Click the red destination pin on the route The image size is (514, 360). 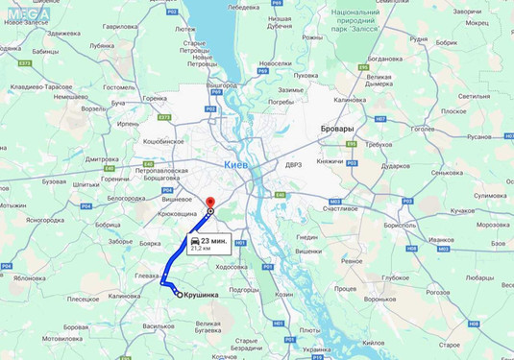tap(210, 204)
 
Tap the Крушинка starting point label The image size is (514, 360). tap(206, 296)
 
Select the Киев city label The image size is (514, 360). tap(235, 164)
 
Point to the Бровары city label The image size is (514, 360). tap(335, 128)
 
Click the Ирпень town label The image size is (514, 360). tap(128, 124)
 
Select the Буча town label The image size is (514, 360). tap(118, 102)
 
